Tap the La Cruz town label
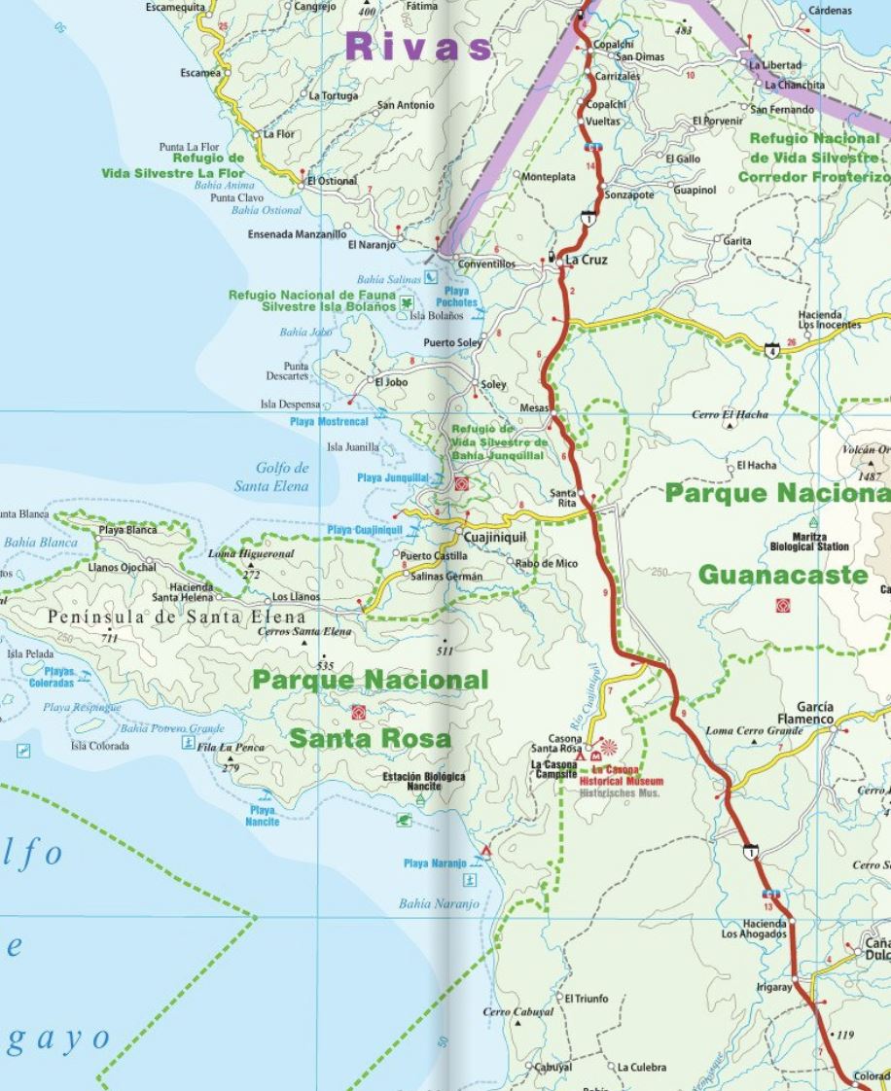pos(587,260)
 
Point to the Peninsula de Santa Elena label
pos(176,616)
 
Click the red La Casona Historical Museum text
pos(621,775)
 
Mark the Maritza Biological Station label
pos(809,541)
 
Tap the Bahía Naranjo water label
pos(439,903)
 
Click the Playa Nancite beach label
pos(262,815)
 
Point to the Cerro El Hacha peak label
pos(730,415)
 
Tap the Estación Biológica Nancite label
pos(423,781)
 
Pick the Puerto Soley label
pos(452,342)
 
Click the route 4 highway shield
pos(772,349)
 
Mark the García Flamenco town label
pos(814,713)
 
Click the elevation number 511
pos(445,651)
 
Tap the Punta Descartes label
pos(289,370)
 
